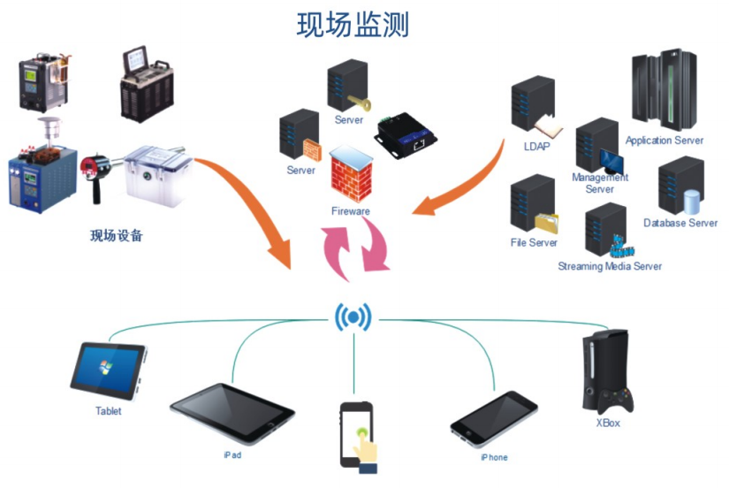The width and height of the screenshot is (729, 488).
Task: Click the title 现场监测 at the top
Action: (353, 24)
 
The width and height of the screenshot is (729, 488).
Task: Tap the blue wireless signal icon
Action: (353, 317)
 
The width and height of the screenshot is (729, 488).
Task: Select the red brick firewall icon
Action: (351, 177)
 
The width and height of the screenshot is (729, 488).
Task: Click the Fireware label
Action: (351, 211)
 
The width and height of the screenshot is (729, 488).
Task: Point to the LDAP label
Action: (535, 146)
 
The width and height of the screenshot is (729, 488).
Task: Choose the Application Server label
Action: (664, 141)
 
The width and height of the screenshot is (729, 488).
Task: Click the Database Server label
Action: (680, 223)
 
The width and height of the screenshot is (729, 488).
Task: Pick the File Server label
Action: (534, 242)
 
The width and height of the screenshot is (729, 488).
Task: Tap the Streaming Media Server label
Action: (610, 266)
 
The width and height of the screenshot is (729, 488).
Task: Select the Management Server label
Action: (600, 183)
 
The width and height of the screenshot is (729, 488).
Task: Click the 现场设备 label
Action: (117, 236)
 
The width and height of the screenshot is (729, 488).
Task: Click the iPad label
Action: (232, 454)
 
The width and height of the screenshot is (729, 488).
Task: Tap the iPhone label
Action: (494, 457)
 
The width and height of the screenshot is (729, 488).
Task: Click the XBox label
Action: (610, 424)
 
